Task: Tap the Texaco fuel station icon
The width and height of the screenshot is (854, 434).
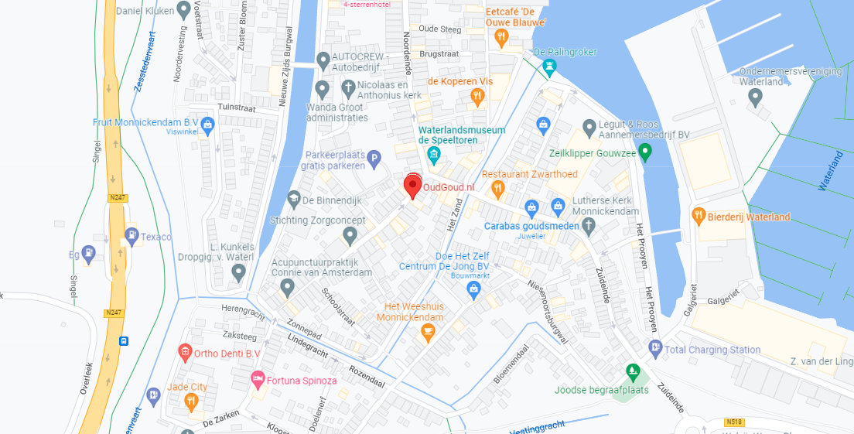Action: [132, 235]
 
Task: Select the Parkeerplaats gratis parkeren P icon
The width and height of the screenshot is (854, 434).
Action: [374, 159]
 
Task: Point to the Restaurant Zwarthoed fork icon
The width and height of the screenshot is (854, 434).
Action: [499, 188]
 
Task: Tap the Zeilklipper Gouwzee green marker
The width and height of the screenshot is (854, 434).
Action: [645, 153]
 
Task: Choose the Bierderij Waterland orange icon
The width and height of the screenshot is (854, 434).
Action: [699, 216]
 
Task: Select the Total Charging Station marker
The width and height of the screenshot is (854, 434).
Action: [655, 349]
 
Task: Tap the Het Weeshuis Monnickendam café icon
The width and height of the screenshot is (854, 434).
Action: [425, 333]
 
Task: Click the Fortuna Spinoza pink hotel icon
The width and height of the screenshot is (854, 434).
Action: [258, 380]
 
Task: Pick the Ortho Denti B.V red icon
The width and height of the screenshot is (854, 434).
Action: [185, 354]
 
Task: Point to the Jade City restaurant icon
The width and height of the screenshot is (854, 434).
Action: [192, 400]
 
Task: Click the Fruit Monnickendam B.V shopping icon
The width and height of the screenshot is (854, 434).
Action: [207, 123]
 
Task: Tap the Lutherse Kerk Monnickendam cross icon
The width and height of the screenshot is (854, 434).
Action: [589, 226]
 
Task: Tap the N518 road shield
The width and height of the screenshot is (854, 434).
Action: [735, 422]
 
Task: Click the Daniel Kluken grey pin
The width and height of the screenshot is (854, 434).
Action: [183, 11]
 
